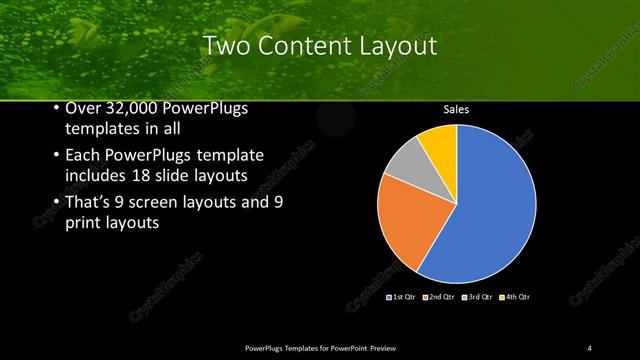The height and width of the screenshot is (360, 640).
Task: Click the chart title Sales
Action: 456,110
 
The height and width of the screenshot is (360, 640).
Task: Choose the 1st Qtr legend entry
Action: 400,297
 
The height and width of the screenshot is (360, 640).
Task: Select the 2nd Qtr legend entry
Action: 436,297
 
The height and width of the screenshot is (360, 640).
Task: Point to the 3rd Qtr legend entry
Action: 473,297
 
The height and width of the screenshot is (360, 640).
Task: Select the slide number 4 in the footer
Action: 590,347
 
